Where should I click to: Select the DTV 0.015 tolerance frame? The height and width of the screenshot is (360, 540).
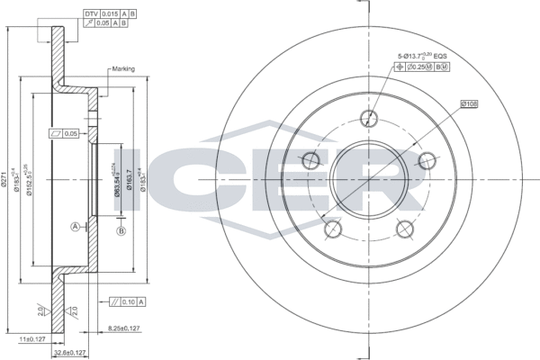[x=109, y=15]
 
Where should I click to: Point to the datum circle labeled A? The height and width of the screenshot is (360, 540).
[x=75, y=225]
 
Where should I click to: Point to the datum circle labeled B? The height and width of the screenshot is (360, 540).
[x=120, y=232]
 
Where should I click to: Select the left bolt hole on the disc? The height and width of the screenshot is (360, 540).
[x=310, y=161]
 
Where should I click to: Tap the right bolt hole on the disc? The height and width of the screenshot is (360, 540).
[x=426, y=160]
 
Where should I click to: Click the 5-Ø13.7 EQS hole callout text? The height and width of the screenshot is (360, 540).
[x=422, y=56]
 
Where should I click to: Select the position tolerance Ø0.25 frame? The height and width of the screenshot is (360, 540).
[x=427, y=67]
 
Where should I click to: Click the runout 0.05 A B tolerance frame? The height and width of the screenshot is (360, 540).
[x=109, y=26]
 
